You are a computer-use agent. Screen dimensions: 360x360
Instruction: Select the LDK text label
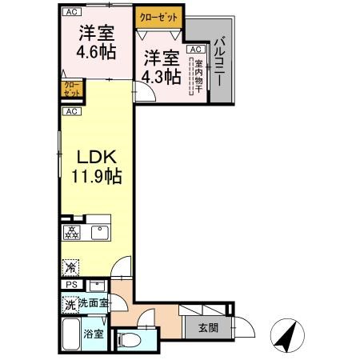pyautogui.click(x=94, y=158)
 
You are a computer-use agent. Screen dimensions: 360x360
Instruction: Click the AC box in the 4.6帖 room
pyautogui.click(x=72, y=12)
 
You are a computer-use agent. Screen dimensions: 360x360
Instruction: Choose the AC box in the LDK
pyautogui.click(x=72, y=111)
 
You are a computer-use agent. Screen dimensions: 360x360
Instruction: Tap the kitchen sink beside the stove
pyautogui.click(x=100, y=233)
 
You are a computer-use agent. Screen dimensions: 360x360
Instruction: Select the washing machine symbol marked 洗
pyautogui.click(x=70, y=304)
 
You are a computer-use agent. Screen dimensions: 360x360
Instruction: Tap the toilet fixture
pyautogui.click(x=130, y=340)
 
